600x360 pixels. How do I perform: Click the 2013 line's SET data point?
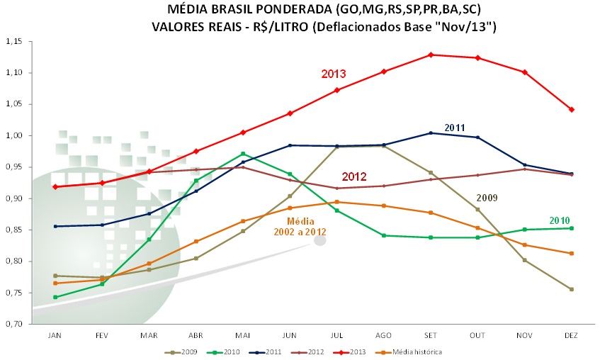click(x=431, y=55)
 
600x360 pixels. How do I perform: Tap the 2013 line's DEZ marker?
click(x=572, y=110)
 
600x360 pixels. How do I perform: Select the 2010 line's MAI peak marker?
click(x=243, y=154)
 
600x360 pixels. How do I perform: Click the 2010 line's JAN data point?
click(x=55, y=297)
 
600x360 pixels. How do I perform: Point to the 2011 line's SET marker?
click(x=431, y=133)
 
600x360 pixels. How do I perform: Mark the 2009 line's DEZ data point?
click(x=572, y=289)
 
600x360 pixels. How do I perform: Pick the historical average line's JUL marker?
click(x=337, y=202)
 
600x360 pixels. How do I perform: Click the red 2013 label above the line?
click(x=334, y=74)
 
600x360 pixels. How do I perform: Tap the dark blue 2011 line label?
click(x=455, y=128)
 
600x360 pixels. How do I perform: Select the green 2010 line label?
click(x=560, y=221)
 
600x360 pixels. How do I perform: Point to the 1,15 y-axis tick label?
click(x=14, y=42)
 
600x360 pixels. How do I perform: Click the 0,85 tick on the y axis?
click(x=14, y=230)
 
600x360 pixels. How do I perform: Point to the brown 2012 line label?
click(x=354, y=176)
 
